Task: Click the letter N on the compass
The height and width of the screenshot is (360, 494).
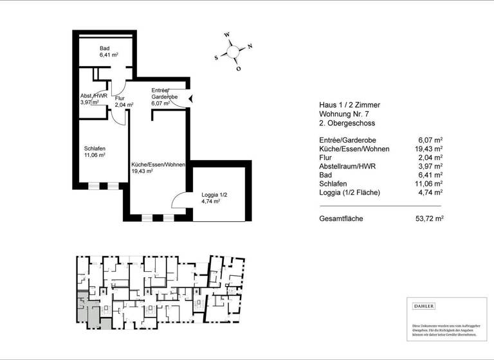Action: pyautogui.click(x=250, y=46)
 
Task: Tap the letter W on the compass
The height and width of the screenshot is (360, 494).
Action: pyautogui.click(x=226, y=35)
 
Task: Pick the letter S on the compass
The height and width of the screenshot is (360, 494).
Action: pyautogui.click(x=216, y=57)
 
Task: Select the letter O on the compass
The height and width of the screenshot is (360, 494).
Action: pyautogui.click(x=238, y=68)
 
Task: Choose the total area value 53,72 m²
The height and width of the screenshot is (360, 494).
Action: pyautogui.click(x=430, y=219)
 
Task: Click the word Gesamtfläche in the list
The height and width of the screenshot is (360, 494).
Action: pyautogui.click(x=341, y=219)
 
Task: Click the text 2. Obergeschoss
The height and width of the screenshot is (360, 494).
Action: pyautogui.click(x=347, y=123)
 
